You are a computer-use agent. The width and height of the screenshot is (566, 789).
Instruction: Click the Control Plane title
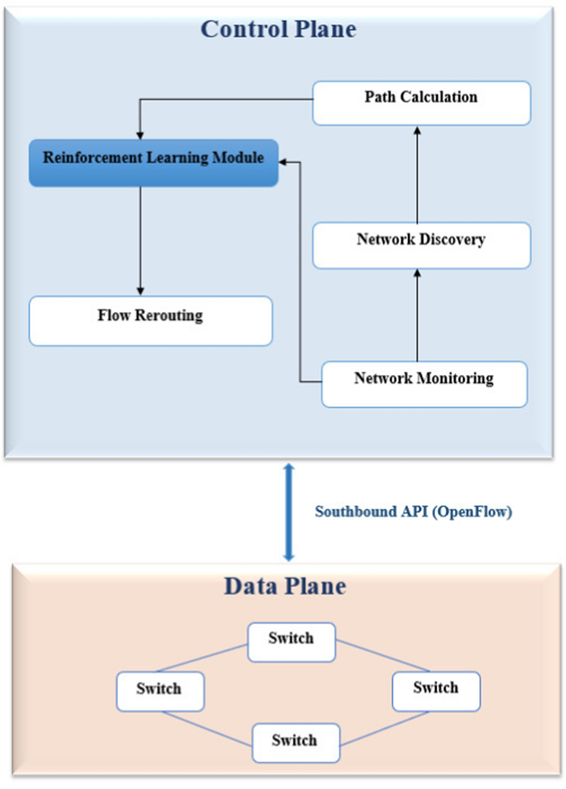coord(278,29)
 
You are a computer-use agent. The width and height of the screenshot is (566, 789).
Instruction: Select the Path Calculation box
coord(421,103)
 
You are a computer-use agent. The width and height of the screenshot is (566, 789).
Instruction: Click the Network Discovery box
coord(421,245)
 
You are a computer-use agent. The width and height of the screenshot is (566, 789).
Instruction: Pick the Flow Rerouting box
coord(151,321)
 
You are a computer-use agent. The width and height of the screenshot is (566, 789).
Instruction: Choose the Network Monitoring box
coord(424,384)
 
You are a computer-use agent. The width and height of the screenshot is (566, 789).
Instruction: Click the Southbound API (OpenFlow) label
coord(413,511)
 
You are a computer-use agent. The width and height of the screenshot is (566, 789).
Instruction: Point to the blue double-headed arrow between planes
coord(288,511)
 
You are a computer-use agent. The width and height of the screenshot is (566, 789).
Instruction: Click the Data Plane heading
coord(285,586)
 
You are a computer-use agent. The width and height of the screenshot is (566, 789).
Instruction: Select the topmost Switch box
coord(291,642)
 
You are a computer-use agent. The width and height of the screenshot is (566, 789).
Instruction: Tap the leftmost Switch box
coord(160,691)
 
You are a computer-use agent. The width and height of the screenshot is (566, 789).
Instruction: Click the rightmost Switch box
coord(436,691)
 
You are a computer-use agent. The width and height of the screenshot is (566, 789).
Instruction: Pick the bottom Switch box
coord(295,743)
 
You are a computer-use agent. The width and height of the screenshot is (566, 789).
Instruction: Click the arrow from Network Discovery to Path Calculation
coord(417,175)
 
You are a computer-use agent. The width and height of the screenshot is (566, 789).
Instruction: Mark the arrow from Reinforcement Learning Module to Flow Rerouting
coord(141,240)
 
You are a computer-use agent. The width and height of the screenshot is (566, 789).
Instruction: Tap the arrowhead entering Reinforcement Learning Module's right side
coord(283,162)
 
